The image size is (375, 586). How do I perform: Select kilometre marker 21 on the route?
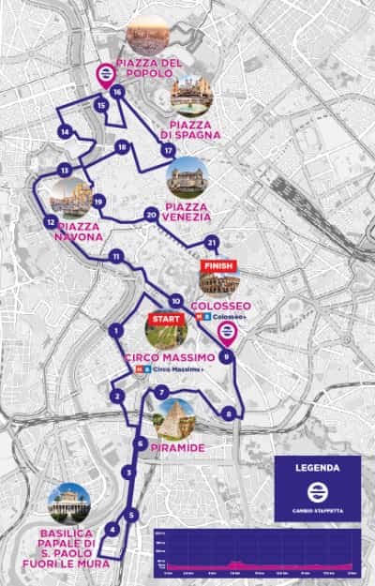coord(212,243)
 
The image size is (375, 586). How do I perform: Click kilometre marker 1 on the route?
coord(116,330)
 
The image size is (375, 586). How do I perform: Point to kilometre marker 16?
coord(117,92)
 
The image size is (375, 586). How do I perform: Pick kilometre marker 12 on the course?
coord(49,222)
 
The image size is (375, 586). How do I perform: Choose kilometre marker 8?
coord(229,413)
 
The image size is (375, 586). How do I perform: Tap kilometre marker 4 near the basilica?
coord(112,530)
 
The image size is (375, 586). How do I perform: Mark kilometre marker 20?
coord(151,215)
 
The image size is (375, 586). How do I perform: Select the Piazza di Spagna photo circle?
coord(191,95)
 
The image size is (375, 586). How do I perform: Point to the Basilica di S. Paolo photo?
coord(69,503)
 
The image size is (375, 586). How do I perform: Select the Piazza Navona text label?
coord(80,232)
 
